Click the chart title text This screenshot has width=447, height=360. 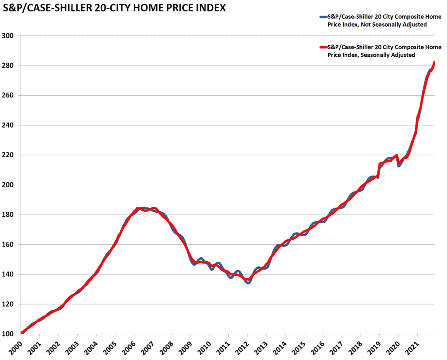[x=114, y=8]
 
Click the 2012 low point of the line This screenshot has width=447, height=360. [x=248, y=282]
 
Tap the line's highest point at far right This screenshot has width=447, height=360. [x=434, y=62]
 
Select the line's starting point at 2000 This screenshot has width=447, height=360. [x=22, y=333]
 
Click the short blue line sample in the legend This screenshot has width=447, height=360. [x=323, y=17]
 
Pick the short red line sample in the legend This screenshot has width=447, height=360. [x=323, y=47]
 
